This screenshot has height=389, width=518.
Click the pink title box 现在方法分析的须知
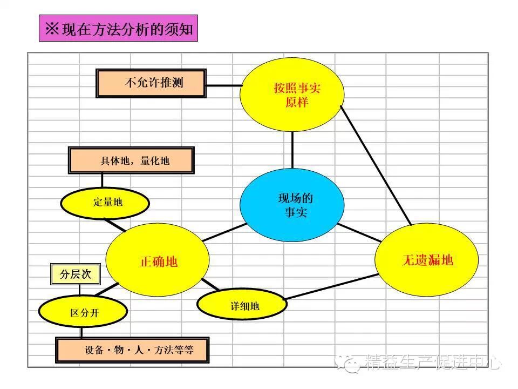coord(119,29)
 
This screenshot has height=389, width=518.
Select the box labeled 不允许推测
coord(151,83)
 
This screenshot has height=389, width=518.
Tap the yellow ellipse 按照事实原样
coord(292,95)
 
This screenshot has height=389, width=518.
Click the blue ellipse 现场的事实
coord(292,205)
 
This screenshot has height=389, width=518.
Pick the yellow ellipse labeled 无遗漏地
coord(426,260)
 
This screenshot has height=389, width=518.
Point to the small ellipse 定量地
coord(104,203)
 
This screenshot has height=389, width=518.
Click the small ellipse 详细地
coord(242,306)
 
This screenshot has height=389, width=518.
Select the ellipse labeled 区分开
coord(83,313)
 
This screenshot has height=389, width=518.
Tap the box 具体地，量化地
coord(131,160)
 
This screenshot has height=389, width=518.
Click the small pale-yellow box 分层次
coord(75,274)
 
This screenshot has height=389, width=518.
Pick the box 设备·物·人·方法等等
coord(133,350)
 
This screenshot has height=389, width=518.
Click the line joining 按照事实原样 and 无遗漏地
coord(376,165)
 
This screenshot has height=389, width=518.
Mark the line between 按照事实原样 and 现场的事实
coord(292,150)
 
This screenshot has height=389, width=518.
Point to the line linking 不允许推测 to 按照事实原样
coord(223,85)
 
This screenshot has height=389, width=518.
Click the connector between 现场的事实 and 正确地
coord(223,233)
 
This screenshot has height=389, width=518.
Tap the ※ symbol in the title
coord(52,29)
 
